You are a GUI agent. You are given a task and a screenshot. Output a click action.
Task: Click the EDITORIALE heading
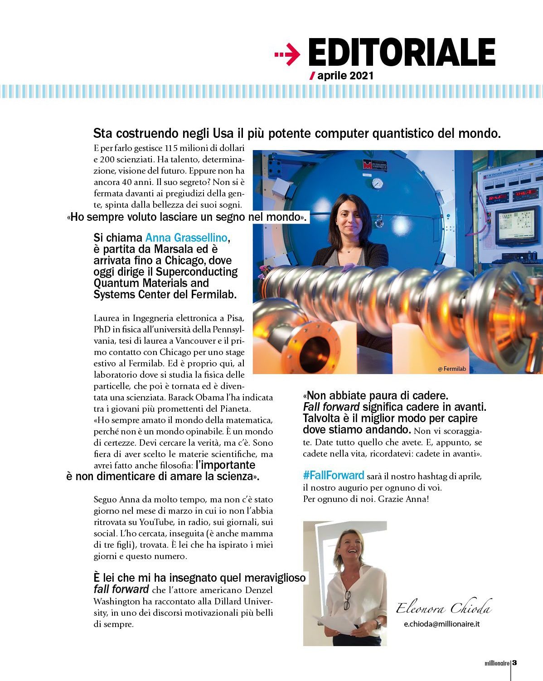(x=402, y=53)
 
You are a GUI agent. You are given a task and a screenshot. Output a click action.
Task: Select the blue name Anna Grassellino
(x=186, y=238)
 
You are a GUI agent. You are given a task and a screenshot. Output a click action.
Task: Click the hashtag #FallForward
(x=334, y=475)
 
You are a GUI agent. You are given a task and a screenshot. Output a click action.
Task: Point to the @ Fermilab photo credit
(x=452, y=369)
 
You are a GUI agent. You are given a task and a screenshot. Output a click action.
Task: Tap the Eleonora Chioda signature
(x=444, y=608)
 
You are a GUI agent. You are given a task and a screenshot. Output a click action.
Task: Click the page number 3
(x=514, y=662)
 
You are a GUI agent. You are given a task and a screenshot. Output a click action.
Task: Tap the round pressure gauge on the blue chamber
(x=377, y=183)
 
